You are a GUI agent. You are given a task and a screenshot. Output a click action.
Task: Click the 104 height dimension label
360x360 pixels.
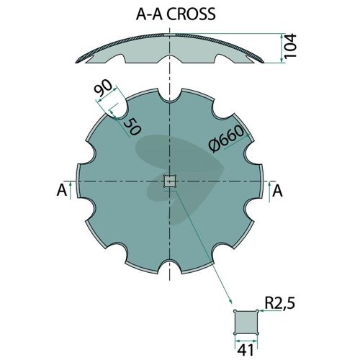point(290,45)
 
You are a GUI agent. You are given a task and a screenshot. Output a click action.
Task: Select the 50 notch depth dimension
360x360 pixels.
point(132,127)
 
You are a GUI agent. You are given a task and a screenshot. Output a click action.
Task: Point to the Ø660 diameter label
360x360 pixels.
point(226,139)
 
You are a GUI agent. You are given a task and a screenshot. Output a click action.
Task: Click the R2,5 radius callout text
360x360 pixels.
point(279,303)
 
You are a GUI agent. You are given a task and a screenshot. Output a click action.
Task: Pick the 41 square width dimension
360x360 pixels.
point(246,350)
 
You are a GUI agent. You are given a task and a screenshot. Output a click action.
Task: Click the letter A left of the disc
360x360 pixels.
point(62,191)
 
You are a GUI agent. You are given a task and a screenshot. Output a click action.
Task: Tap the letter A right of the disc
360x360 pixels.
point(278,191)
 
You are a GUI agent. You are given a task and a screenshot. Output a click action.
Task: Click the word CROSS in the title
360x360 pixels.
point(191,14)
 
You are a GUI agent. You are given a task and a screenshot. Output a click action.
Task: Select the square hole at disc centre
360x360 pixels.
point(170,181)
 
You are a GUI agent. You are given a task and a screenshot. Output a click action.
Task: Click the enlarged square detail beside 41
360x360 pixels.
point(246,323)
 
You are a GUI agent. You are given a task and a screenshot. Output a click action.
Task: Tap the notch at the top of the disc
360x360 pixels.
point(170,96)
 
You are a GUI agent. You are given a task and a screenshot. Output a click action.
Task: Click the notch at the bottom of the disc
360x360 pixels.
point(170,266)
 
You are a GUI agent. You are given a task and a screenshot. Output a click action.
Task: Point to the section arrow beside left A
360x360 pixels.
point(71,190)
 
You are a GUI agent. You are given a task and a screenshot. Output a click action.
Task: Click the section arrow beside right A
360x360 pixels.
point(269,191)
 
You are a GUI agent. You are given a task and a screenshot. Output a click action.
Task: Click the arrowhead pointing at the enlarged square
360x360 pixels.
point(230,302)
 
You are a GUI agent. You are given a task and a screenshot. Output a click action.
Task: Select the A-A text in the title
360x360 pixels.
point(150,14)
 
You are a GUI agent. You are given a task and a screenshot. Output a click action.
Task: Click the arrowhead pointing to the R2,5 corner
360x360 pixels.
point(261,311)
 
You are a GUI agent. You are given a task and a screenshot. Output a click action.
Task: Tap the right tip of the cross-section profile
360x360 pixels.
point(264,63)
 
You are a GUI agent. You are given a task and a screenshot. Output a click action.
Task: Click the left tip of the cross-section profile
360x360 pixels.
point(76,63)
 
